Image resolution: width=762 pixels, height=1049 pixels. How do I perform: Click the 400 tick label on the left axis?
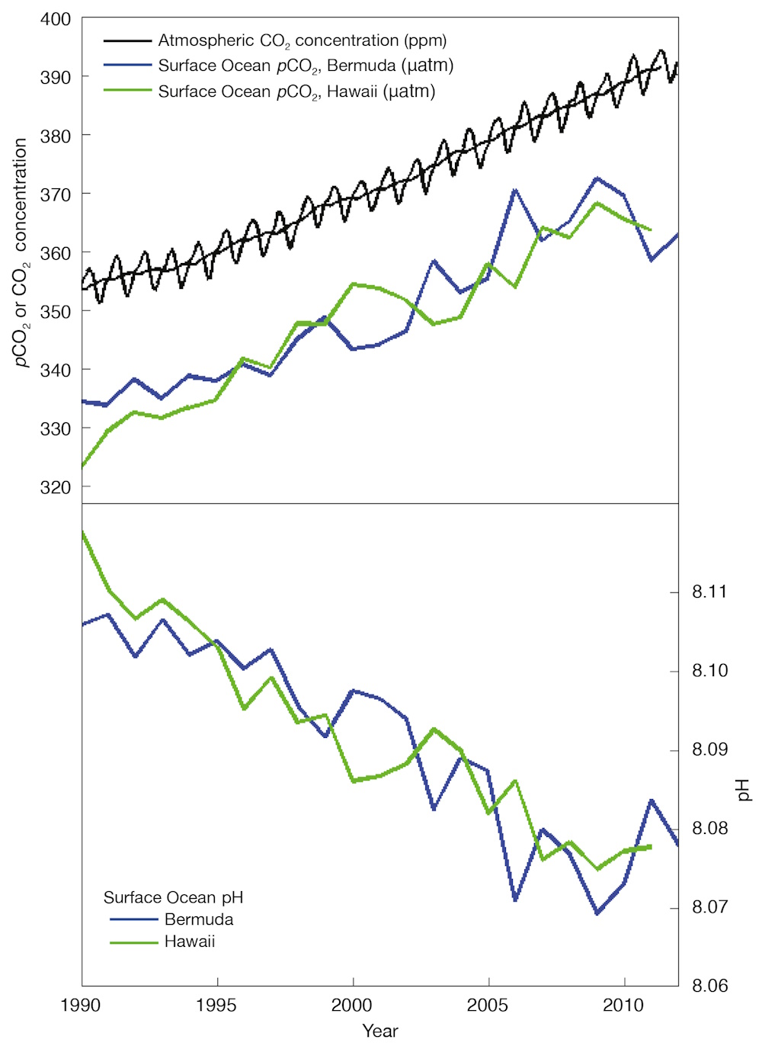tap(55, 19)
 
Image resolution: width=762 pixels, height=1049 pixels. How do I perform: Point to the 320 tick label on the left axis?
tap(55, 487)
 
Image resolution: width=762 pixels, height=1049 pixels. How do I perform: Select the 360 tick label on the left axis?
tap(55, 253)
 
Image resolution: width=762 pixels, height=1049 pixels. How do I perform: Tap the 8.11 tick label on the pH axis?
tap(709, 592)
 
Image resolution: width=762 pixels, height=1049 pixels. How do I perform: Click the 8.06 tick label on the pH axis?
tap(709, 986)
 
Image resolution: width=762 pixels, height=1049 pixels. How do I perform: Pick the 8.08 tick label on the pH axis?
tap(709, 828)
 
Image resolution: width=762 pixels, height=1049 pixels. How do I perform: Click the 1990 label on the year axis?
tap(81, 1006)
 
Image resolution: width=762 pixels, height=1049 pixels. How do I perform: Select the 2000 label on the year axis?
tap(353, 1006)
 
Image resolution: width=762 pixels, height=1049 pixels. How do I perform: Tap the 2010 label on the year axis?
tap(623, 1006)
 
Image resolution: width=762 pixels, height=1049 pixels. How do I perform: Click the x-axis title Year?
tap(379, 1031)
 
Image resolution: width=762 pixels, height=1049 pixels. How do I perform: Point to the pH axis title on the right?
tap(743, 790)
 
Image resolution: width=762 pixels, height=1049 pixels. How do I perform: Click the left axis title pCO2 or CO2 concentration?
tap(21, 252)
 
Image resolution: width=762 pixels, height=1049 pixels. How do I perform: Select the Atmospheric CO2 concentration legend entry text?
tap(303, 40)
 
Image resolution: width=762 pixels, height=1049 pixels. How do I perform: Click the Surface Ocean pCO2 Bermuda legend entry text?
tap(306, 66)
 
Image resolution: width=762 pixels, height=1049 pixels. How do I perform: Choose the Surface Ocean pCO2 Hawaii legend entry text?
tap(296, 92)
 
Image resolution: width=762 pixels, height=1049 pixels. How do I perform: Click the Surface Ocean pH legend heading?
tap(173, 897)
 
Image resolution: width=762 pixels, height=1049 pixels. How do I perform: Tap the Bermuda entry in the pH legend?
tap(199, 919)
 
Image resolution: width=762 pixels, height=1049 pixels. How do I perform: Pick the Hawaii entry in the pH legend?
tap(190, 942)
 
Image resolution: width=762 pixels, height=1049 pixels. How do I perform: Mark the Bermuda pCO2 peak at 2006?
tap(515, 189)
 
